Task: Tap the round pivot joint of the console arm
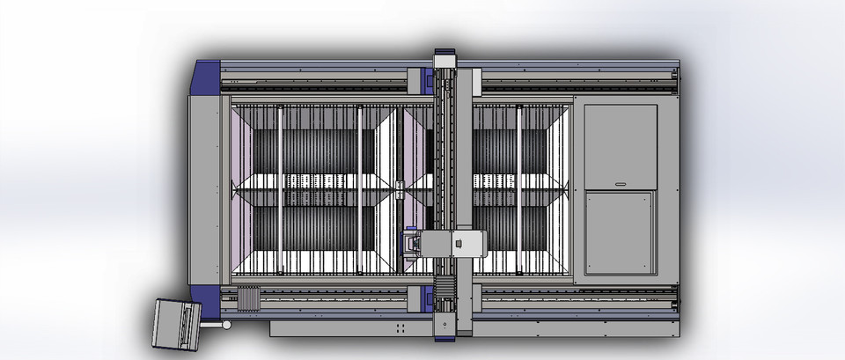coord(226,325)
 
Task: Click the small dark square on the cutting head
coord(458,244)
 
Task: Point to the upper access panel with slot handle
coord(621,146)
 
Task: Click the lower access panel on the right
coord(621,232)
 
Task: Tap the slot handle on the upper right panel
coord(621,184)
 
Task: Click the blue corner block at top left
coord(206,75)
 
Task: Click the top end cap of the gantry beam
coord(445,55)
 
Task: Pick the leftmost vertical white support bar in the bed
coord(280,189)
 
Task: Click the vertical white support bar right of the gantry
coord(519,189)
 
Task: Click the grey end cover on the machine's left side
coord(204,189)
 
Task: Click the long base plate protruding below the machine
coord(352,327)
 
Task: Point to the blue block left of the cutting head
coord(410,243)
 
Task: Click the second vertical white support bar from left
coord(359,189)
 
